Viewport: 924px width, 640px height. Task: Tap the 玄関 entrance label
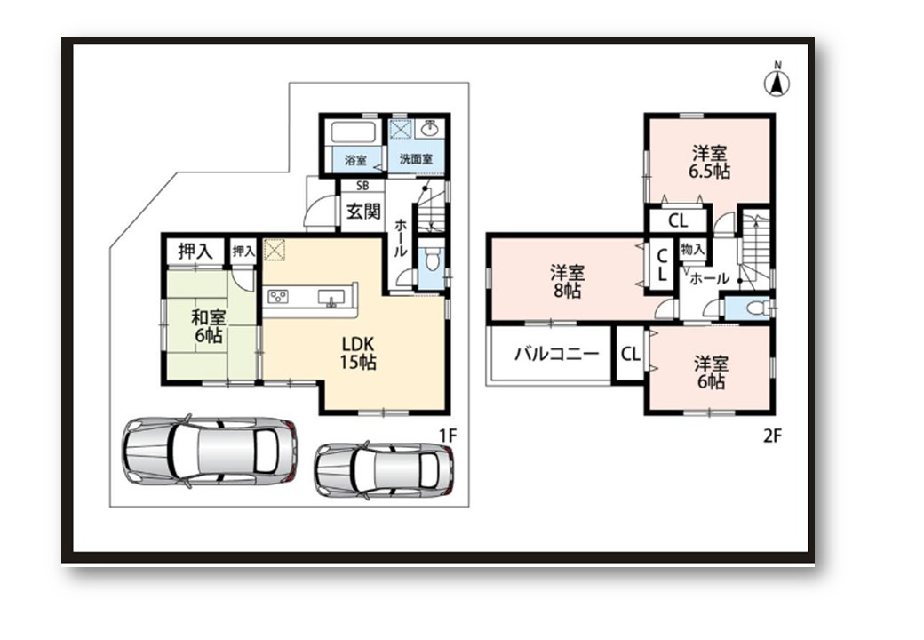point(363,211)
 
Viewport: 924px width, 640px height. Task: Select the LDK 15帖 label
point(358,353)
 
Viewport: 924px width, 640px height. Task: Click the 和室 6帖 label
point(208,327)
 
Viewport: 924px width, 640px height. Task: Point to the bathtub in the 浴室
point(354,132)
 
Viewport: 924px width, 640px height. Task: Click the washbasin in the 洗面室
point(431,128)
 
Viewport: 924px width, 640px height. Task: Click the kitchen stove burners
point(277,296)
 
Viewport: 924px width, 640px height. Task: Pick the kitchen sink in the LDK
point(331,298)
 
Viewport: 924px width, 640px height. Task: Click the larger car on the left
point(209,451)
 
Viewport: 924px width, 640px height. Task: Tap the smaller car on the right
point(384,470)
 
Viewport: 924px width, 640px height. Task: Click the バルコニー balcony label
point(557,354)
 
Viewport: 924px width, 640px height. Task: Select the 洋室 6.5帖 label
point(710,163)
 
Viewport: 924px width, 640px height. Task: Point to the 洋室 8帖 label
point(567,282)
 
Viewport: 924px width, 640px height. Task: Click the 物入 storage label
point(692,249)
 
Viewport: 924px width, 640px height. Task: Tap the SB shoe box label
point(362,186)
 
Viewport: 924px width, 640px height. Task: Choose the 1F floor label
point(448,436)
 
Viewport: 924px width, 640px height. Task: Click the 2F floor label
point(772,436)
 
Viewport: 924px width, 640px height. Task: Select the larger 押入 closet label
point(195,252)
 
